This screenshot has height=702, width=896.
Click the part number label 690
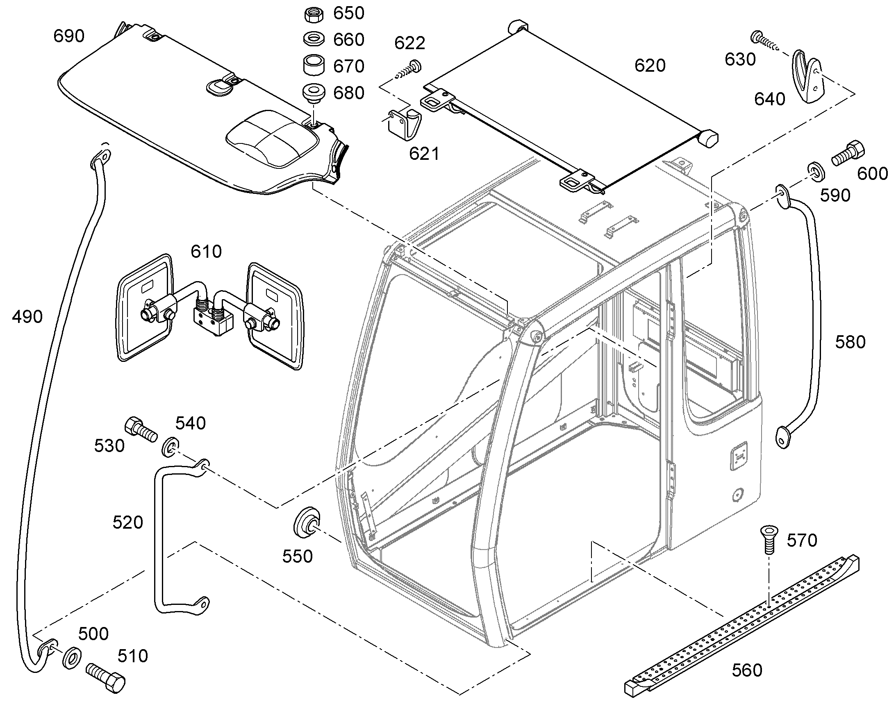click(x=69, y=36)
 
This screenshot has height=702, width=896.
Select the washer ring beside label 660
click(x=314, y=40)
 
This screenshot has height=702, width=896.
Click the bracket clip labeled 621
click(x=405, y=123)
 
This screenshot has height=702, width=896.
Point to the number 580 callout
click(x=850, y=342)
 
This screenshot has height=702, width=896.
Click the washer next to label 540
click(x=170, y=447)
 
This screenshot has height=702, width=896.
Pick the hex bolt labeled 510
click(x=106, y=677)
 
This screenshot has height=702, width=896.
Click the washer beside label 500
click(x=72, y=658)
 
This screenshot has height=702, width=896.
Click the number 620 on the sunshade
click(x=650, y=66)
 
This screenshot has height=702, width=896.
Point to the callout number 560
click(x=747, y=670)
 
